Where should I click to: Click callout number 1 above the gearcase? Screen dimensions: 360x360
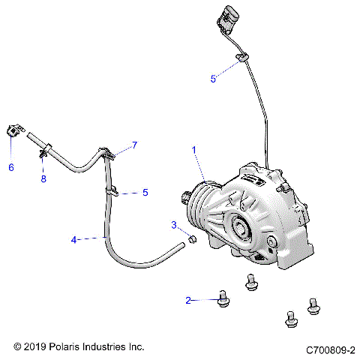point(193,150)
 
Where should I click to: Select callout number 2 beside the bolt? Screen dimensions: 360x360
point(188,300)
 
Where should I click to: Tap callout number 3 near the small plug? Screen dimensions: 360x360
point(173,225)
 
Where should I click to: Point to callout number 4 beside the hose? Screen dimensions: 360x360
point(74,240)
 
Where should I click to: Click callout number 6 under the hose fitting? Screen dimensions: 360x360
point(11,167)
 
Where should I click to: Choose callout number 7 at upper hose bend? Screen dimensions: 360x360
point(135,144)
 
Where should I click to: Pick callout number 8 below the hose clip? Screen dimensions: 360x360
point(43,179)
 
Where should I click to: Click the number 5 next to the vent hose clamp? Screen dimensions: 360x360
point(145,192)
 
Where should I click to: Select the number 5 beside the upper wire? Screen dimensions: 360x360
point(213,78)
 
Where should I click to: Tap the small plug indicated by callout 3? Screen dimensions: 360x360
point(191,239)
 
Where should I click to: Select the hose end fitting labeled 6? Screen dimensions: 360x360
point(13,130)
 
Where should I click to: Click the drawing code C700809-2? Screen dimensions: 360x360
point(329,349)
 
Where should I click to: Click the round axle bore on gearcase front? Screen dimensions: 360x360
point(242,226)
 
